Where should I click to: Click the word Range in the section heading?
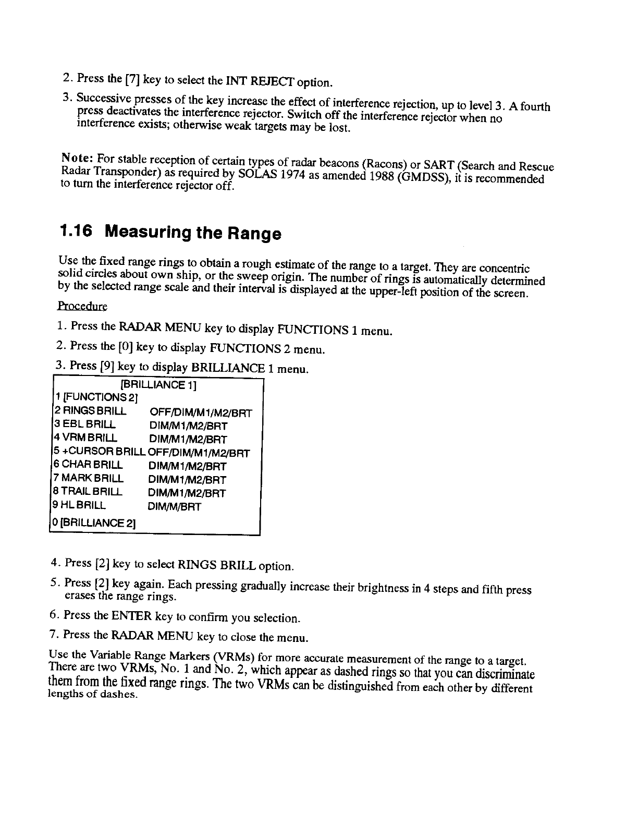254,234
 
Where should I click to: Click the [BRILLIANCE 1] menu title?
158,385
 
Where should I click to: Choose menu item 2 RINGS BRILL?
89,411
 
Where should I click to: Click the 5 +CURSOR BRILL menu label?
99,452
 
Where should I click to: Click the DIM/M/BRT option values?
174,506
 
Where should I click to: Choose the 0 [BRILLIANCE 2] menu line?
94,522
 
